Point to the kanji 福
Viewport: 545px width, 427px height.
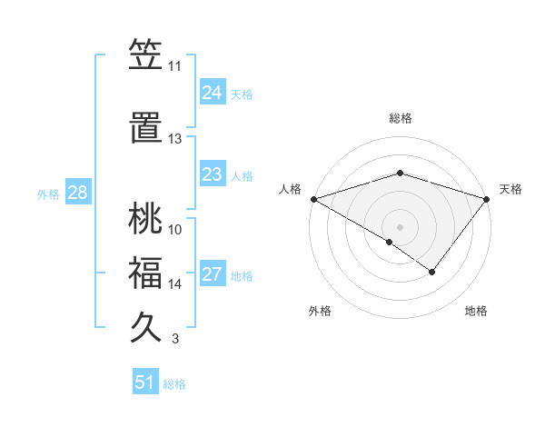tap(145, 273)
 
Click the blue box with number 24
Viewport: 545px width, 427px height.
tap(212, 92)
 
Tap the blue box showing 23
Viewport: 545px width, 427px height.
tap(212, 174)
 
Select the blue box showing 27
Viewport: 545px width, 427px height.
tap(212, 275)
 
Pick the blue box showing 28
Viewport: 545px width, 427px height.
tap(77, 194)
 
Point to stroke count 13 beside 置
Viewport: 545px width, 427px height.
tap(174, 139)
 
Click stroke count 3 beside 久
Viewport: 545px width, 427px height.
tap(174, 340)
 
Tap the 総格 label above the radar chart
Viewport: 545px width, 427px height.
tap(400, 118)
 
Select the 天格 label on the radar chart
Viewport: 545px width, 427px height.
tap(510, 189)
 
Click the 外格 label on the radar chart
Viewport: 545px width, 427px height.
tap(320, 311)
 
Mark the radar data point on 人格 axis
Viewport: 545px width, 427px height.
tap(313, 198)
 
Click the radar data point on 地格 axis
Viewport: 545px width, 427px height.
tap(432, 272)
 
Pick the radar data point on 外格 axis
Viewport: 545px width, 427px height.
tap(390, 242)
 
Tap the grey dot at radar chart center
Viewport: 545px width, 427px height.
tap(400, 226)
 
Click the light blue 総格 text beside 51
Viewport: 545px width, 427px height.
tap(174, 384)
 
